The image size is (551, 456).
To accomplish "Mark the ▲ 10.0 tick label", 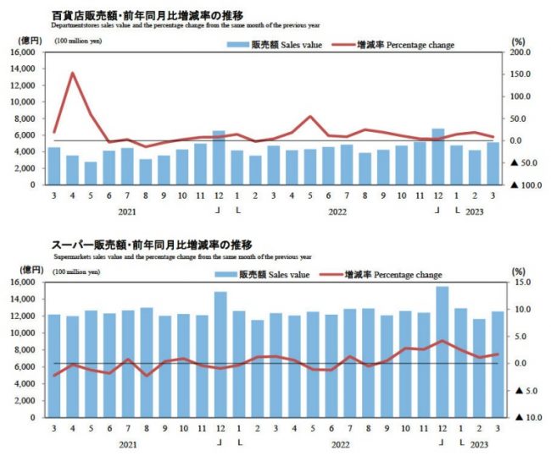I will click(x=520, y=417).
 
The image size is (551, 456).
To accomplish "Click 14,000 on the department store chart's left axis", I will click(x=24, y=69).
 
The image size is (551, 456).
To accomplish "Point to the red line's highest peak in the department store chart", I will click(x=73, y=73).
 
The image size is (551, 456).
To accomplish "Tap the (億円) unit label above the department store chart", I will click(x=27, y=40).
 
